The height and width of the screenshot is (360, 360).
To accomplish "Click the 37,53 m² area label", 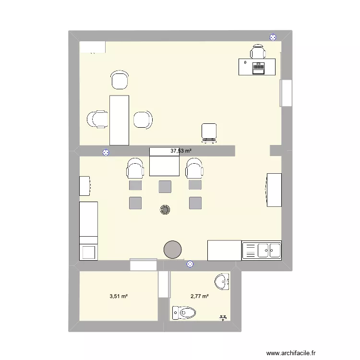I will (x=181, y=151).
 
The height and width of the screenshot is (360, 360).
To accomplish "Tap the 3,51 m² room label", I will (x=119, y=296).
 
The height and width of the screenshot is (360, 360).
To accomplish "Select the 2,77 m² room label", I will (x=199, y=296).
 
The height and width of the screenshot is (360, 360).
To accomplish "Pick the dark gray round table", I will (x=173, y=250).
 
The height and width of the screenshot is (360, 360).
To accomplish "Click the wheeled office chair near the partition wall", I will (x=209, y=132).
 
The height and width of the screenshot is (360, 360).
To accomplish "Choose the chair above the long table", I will (x=120, y=80).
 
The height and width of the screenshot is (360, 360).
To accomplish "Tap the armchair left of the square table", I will (x=135, y=168).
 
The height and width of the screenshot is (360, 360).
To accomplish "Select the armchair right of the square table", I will (x=194, y=168).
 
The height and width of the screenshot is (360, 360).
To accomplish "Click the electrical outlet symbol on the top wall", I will (x=273, y=36).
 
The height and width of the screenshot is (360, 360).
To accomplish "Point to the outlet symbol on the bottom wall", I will (x=190, y=264).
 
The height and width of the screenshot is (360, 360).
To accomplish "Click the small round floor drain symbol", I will (x=165, y=210).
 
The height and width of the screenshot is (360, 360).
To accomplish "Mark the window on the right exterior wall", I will (x=286, y=93).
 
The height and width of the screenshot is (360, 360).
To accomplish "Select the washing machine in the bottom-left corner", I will (x=88, y=252).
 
